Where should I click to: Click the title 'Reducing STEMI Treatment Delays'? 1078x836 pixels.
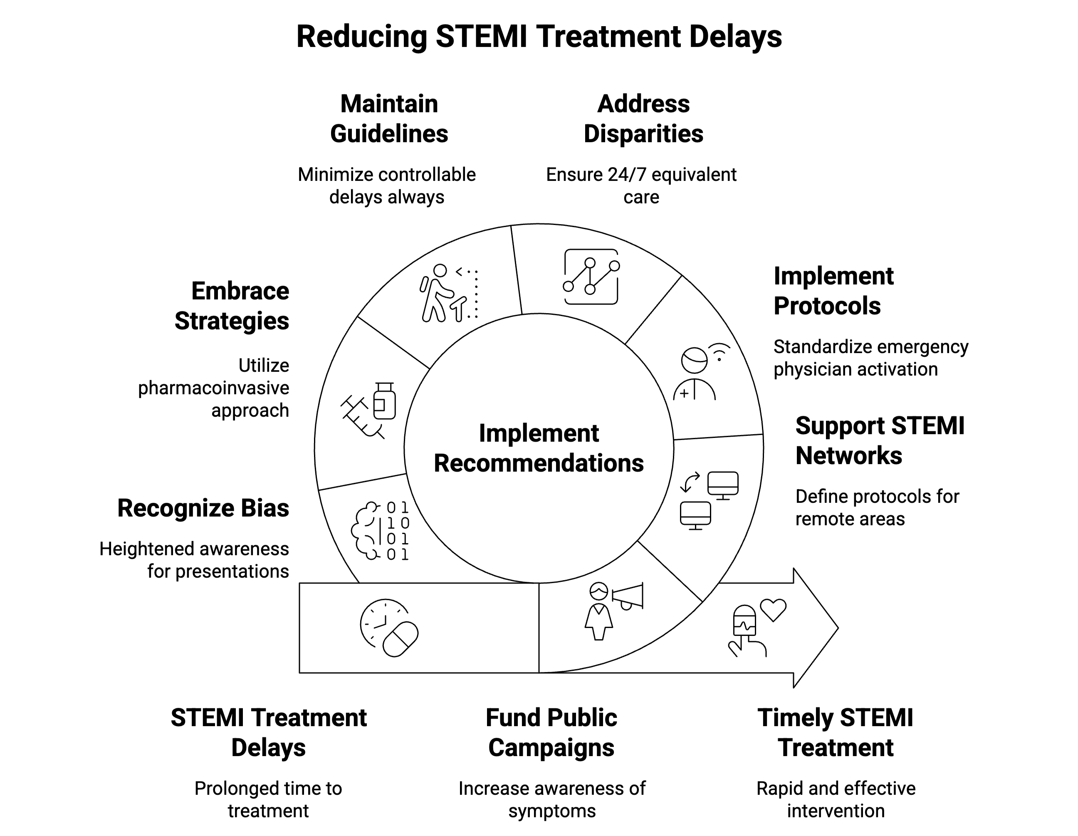click(539, 37)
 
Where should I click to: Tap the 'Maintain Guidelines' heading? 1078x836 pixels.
click(389, 119)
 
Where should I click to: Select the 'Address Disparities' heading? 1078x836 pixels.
click(643, 119)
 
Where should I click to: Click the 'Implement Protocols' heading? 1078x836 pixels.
click(833, 291)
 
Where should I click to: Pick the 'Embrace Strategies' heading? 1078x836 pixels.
click(232, 306)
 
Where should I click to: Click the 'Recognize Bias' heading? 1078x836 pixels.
click(203, 508)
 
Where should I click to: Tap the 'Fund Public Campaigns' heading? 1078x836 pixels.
click(551, 732)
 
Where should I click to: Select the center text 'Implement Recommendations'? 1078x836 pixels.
click(539, 448)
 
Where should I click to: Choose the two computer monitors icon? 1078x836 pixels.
click(709, 500)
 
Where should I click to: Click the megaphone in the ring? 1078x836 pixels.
click(628, 596)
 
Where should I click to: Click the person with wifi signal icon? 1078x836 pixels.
click(700, 371)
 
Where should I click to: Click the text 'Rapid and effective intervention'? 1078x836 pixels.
click(835, 799)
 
